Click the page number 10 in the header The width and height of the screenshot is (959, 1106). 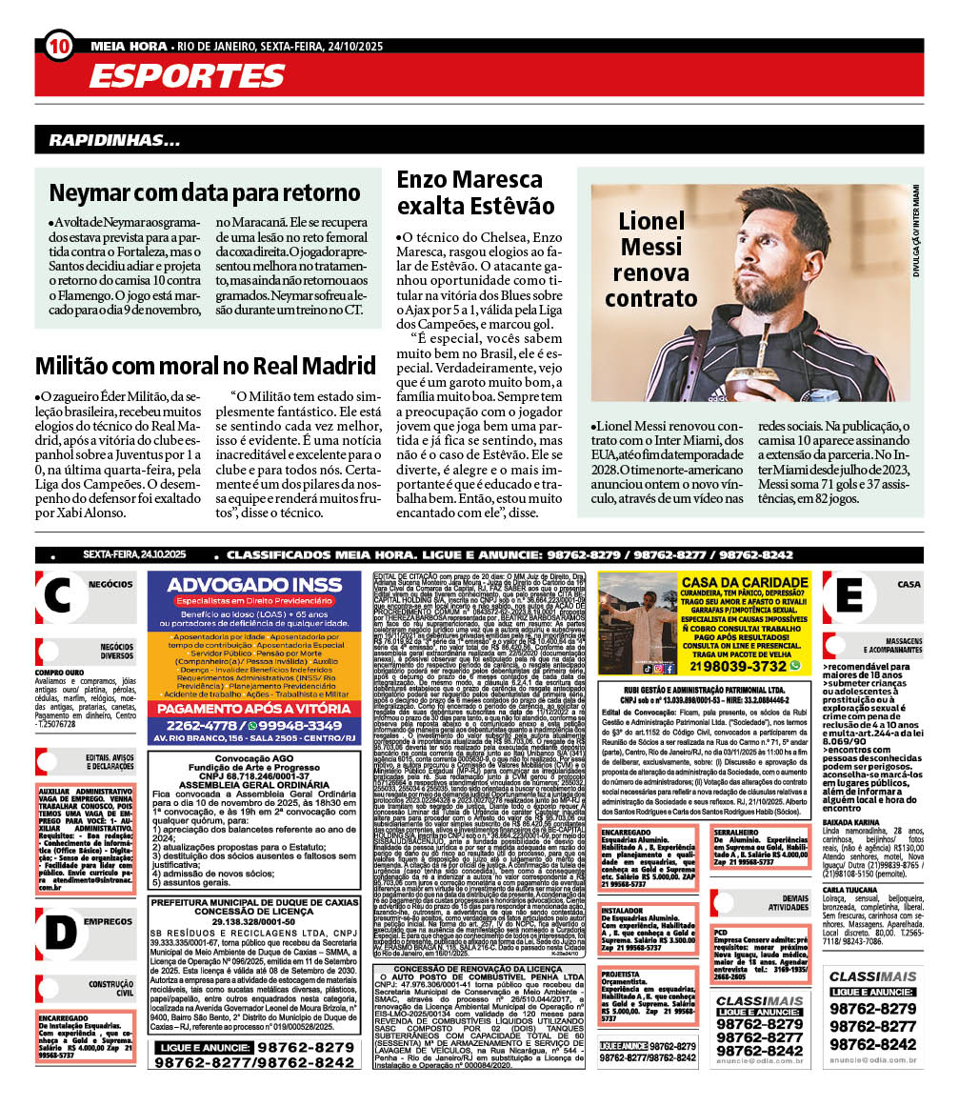[x=58, y=45]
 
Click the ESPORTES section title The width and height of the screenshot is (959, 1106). [x=177, y=76]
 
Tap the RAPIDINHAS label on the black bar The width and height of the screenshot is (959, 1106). [x=115, y=140]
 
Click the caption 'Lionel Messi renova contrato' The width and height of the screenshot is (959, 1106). [x=651, y=259]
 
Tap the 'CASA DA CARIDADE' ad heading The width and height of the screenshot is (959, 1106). [x=745, y=582]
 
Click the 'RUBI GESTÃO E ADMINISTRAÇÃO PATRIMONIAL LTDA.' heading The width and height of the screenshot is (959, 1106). [x=705, y=687]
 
